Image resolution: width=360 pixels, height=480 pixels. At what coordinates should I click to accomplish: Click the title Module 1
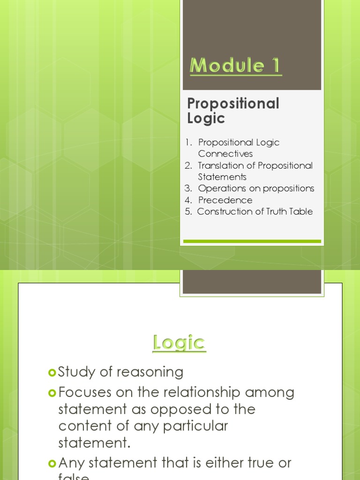pos(235,66)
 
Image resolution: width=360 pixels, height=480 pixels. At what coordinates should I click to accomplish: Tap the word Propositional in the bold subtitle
pos(233,104)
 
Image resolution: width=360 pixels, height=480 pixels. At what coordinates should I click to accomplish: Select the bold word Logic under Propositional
pos(206,119)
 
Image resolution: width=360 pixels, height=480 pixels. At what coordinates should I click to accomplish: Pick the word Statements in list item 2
pos(222,177)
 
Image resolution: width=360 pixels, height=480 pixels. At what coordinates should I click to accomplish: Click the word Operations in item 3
pos(221,188)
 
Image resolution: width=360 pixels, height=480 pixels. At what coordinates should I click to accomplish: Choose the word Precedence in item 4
pos(225,200)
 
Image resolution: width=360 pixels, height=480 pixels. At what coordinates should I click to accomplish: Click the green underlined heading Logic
pos(179,343)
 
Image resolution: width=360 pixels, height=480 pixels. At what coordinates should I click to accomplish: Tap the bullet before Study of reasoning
pos(52,373)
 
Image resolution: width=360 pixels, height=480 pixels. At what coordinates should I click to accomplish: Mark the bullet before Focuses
pos(52,392)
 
